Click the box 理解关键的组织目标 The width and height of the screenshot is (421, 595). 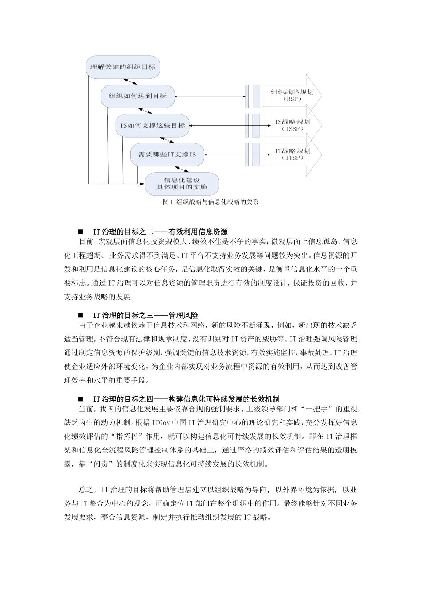tap(123, 67)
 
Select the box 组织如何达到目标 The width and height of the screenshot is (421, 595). tap(137, 96)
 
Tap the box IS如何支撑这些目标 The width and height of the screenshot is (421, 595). tap(152, 125)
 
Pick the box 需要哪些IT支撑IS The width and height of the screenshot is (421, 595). tap(167, 155)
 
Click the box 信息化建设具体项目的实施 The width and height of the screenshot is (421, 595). tap(182, 183)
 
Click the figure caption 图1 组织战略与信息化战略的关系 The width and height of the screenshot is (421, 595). tap(210, 202)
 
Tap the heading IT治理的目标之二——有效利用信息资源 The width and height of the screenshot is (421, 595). tap(160, 232)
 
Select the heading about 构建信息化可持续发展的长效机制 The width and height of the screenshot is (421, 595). tap(186, 399)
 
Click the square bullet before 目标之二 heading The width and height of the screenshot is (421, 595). tap(81, 232)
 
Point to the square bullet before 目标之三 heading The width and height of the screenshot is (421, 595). tap(81, 315)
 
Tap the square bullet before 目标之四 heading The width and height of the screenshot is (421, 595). tap(81, 399)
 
